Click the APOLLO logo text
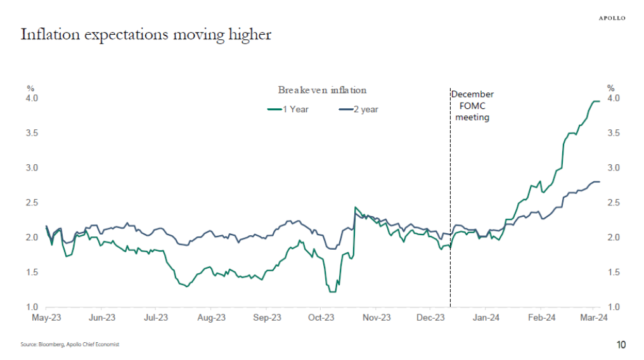click(612, 18)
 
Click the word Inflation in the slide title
click(46, 35)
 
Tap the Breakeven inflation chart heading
click(322, 90)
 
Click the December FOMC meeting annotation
click(472, 106)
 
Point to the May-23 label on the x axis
click(46, 318)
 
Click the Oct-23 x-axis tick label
click(322, 318)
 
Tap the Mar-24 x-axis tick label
click(595, 318)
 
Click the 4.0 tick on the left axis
click(32, 98)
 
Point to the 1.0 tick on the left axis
click(32, 307)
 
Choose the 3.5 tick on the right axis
click(614, 133)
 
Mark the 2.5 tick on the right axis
click(614, 203)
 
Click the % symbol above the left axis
click(30, 88)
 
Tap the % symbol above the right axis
click(611, 88)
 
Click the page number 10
click(621, 345)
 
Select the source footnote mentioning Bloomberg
click(70, 344)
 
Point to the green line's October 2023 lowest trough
click(332, 292)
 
